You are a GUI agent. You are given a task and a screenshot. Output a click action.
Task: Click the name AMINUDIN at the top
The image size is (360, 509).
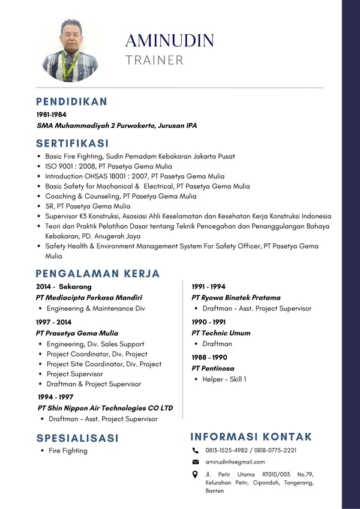pyautogui.click(x=170, y=40)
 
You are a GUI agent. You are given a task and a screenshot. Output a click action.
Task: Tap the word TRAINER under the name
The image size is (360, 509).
pyautogui.click(x=155, y=60)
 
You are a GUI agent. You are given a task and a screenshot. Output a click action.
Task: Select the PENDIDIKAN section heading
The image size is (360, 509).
pyautogui.click(x=71, y=101)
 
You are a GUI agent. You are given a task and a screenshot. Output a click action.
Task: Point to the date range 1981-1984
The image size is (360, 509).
pyautogui.click(x=51, y=114)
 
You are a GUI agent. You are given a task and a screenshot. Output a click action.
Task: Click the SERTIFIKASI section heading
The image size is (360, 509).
pyautogui.click(x=73, y=143)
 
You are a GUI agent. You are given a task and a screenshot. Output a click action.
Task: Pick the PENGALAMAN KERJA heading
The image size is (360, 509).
pyautogui.click(x=98, y=274)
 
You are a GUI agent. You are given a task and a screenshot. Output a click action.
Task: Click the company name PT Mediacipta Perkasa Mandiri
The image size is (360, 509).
pyautogui.click(x=89, y=297)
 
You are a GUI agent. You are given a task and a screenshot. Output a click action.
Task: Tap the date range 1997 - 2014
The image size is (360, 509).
pyautogui.click(x=53, y=322)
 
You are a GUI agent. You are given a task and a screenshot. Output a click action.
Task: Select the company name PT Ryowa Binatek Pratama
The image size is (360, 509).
pyautogui.click(x=236, y=297)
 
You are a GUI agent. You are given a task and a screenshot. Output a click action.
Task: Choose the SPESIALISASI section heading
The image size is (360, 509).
pyautogui.click(x=77, y=438)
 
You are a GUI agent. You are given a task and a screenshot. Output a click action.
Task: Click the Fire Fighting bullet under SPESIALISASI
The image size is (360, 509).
pyautogui.click(x=68, y=451)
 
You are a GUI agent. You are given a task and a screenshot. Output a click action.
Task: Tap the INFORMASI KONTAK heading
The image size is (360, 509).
pyautogui.click(x=251, y=436)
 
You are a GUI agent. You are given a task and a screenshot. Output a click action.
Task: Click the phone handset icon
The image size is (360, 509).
pyautogui.click(x=195, y=450)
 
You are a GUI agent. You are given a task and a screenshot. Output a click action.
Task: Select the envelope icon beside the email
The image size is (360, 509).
pyautogui.click(x=195, y=462)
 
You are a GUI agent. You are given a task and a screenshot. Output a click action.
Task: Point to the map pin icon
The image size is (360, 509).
pyautogui.click(x=195, y=474)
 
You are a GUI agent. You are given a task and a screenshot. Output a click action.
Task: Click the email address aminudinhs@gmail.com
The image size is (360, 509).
pyautogui.click(x=235, y=462)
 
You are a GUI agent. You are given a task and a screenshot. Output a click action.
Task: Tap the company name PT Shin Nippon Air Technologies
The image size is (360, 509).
pyautogui.click(x=105, y=408)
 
